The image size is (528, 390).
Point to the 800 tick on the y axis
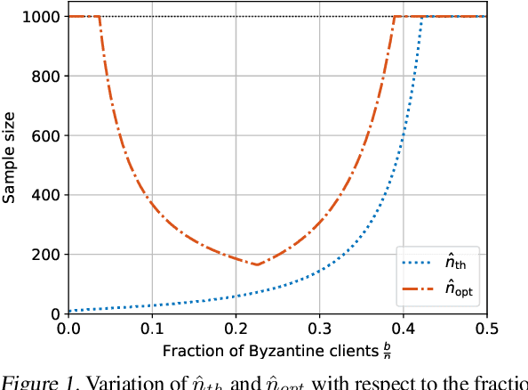tap(50, 77)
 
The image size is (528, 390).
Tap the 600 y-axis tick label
tap(50, 135)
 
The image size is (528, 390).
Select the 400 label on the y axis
tap(50, 195)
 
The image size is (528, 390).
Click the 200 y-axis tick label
tap(50, 255)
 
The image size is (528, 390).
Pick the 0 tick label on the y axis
tap(57, 313)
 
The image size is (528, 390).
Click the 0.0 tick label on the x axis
tap(68, 327)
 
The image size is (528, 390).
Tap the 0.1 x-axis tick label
tap(152, 327)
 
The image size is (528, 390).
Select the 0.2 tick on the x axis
tap(236, 327)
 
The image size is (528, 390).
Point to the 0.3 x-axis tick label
tap(319, 327)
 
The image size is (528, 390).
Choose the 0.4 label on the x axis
tap(403, 327)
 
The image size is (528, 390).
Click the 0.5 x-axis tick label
tap(485, 327)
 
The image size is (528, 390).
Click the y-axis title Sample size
tap(10, 165)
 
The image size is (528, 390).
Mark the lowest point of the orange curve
tap(256, 264)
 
